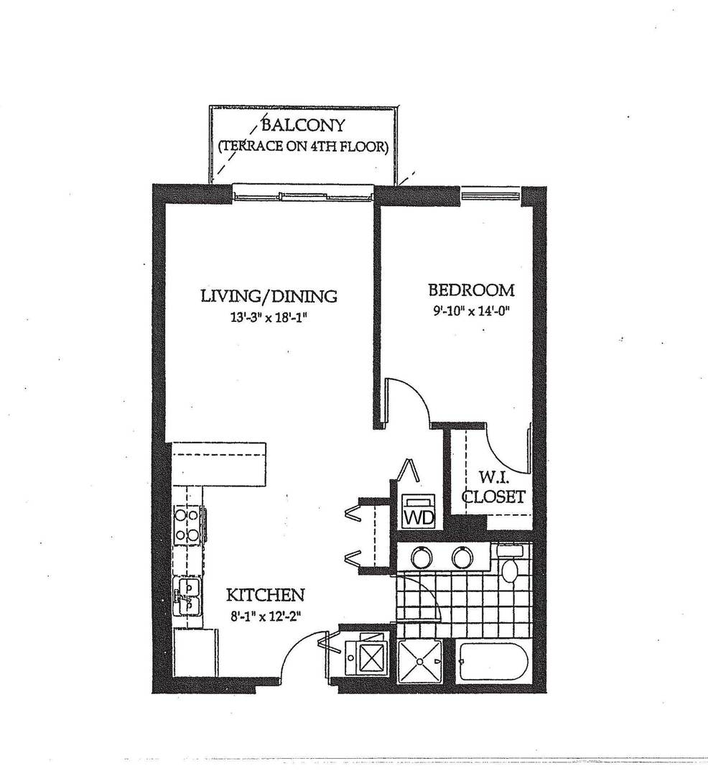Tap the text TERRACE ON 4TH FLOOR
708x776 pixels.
(303, 148)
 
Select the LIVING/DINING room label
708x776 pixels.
(268, 295)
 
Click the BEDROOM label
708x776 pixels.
(470, 290)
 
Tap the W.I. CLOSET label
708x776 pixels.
(493, 487)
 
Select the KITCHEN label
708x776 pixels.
(265, 595)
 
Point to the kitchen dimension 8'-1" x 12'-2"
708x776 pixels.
(265, 615)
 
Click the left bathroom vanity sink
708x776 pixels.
(420, 556)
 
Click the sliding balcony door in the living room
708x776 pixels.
(302, 194)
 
